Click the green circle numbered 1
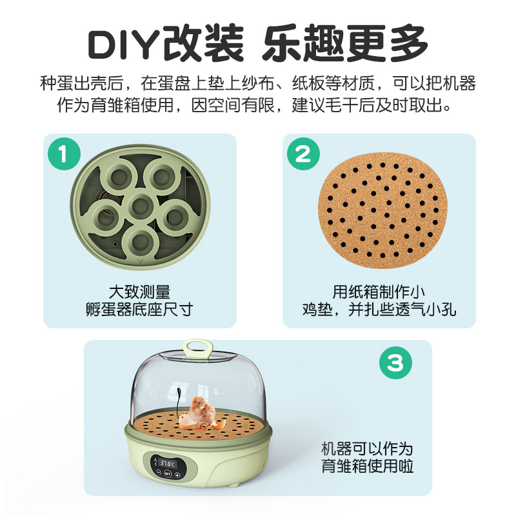pyautogui.click(x=64, y=154)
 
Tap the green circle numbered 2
pyautogui.click(x=303, y=154)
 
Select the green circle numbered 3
pyautogui.click(x=395, y=362)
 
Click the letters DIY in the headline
pyautogui.click(x=123, y=45)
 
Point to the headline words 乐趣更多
pyautogui.click(x=345, y=43)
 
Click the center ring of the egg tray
pyautogui.click(x=141, y=206)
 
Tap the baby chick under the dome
pyautogui.click(x=202, y=412)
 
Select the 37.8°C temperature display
pyautogui.click(x=168, y=464)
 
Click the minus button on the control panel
pyautogui.click(x=159, y=473)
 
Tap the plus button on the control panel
pyautogui.click(x=177, y=475)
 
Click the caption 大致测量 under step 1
pyautogui.click(x=139, y=292)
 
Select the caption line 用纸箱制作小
pyautogui.click(x=379, y=292)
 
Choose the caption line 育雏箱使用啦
pyautogui.click(x=367, y=466)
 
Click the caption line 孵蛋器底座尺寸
pyautogui.click(x=139, y=310)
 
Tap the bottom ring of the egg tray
pyautogui.click(x=141, y=242)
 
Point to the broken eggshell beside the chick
pyautogui.click(x=186, y=421)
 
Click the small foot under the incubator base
pyautogui.click(x=234, y=486)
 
